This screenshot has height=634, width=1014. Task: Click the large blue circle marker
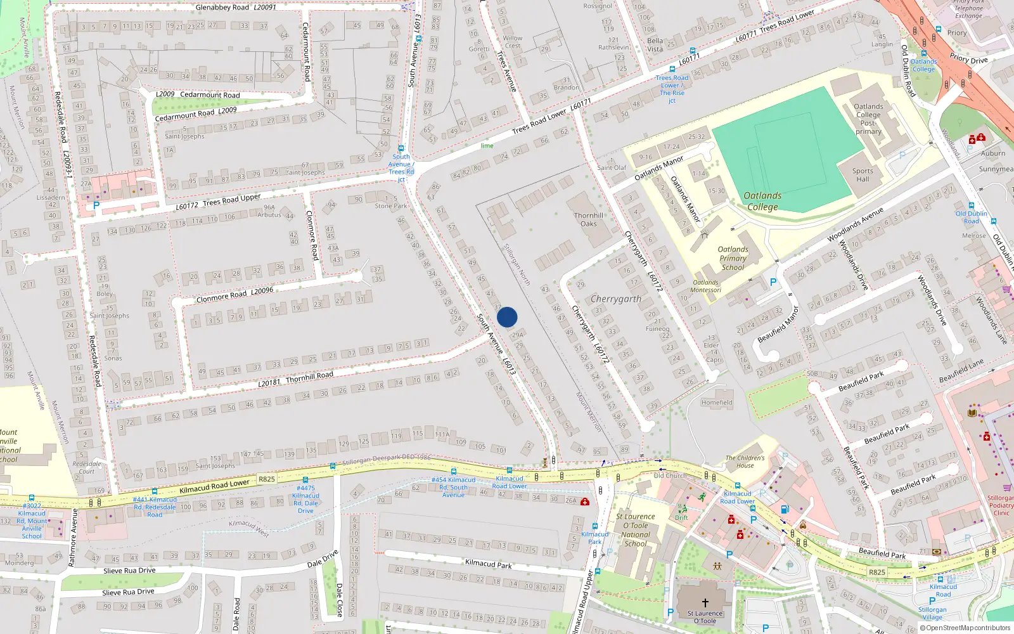click(x=507, y=317)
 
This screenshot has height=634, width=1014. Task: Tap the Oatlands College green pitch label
click(x=762, y=201)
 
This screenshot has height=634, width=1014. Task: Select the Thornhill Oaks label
click(x=589, y=219)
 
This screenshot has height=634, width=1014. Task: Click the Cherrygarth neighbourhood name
click(x=615, y=299)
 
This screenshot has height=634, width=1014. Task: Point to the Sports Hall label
click(x=863, y=175)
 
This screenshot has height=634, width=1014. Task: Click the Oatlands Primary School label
click(x=733, y=258)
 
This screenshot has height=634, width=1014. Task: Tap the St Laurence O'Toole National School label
click(x=635, y=530)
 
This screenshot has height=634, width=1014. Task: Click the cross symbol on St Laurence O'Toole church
click(x=705, y=603)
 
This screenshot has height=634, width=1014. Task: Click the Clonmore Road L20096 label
click(x=234, y=295)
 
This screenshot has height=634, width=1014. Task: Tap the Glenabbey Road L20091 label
click(x=235, y=8)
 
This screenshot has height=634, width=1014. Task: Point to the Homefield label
click(x=717, y=403)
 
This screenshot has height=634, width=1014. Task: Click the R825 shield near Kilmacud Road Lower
click(x=267, y=479)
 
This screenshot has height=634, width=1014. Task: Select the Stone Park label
click(x=390, y=206)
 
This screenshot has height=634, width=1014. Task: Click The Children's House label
click(x=745, y=462)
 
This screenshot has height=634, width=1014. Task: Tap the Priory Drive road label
click(x=968, y=59)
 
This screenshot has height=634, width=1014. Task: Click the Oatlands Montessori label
click(x=706, y=287)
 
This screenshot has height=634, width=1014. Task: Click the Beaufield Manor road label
click(x=778, y=325)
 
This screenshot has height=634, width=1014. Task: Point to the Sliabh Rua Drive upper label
click(x=129, y=571)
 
